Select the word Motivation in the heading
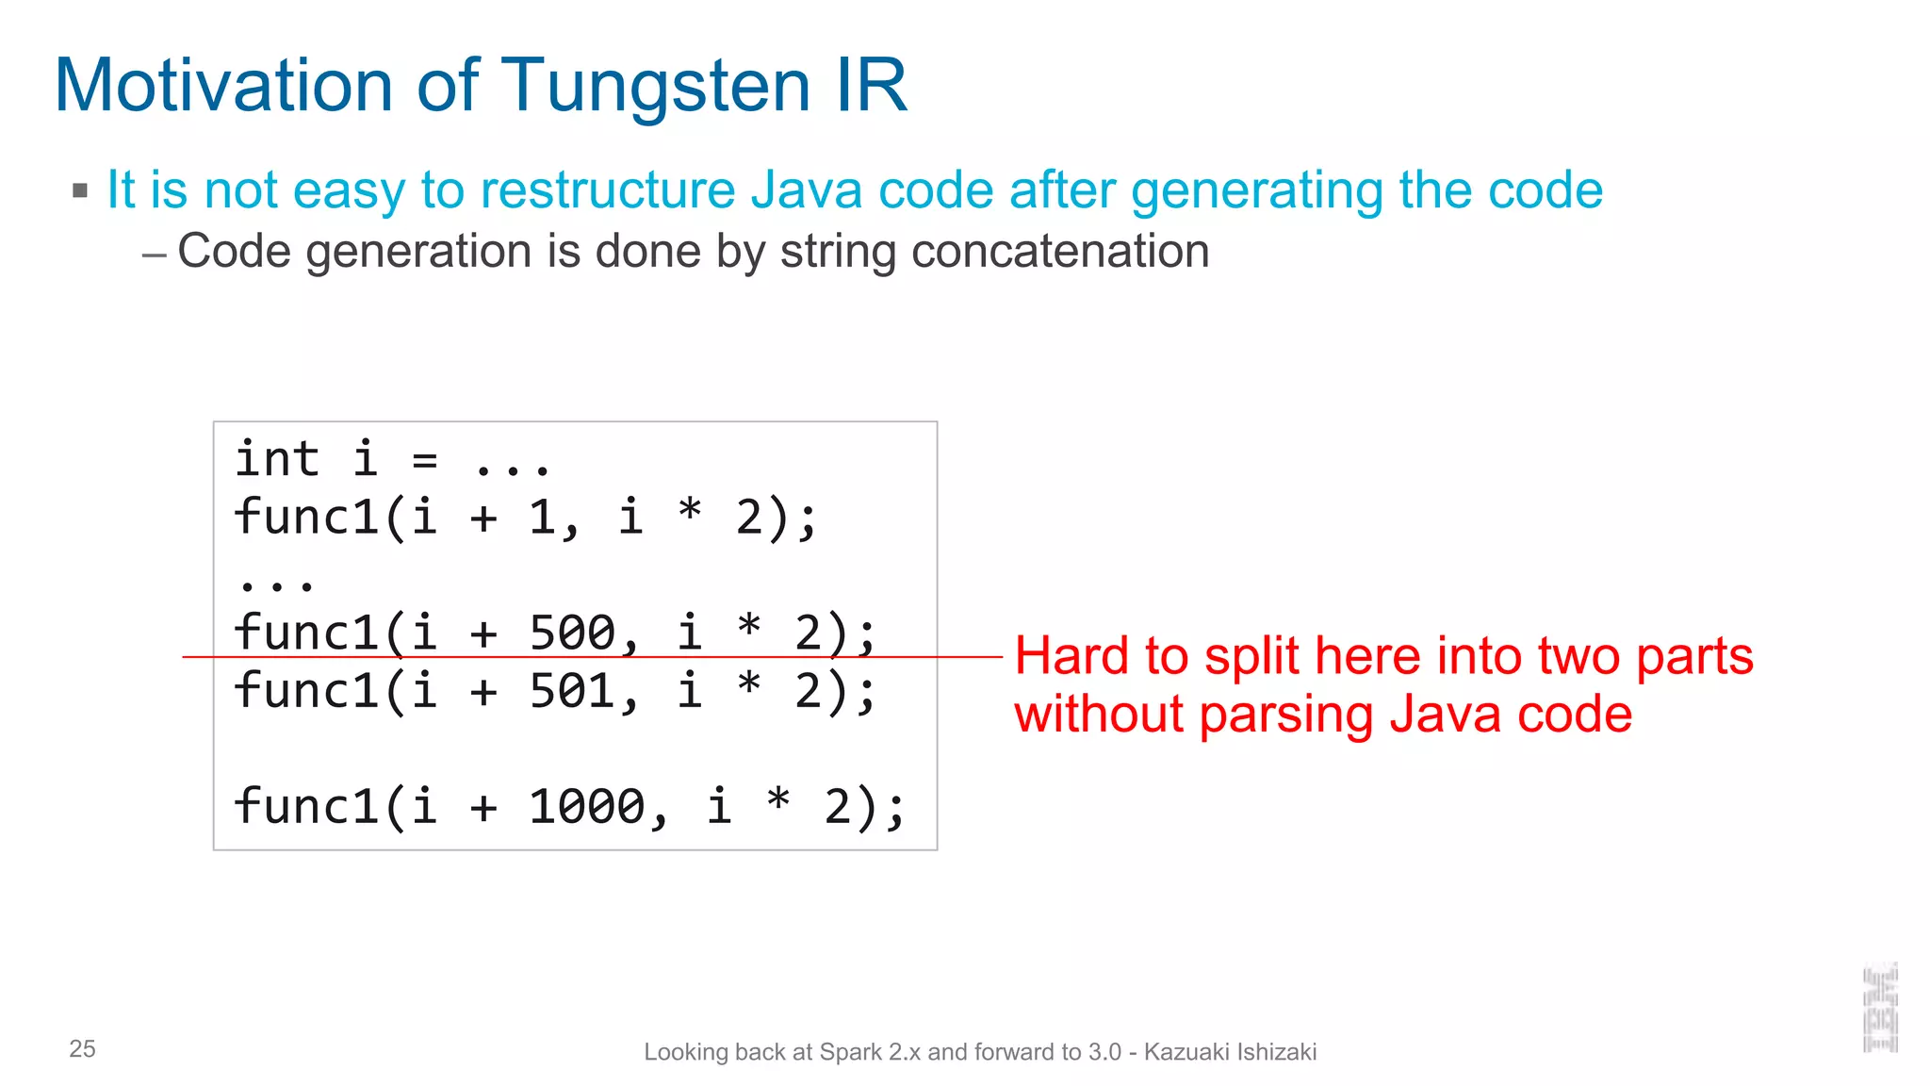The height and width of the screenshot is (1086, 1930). click(x=223, y=85)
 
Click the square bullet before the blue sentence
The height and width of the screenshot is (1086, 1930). click(x=80, y=191)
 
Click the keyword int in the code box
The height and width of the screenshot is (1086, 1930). click(x=277, y=459)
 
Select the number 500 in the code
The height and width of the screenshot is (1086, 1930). click(x=572, y=633)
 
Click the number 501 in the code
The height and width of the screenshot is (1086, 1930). click(x=572, y=691)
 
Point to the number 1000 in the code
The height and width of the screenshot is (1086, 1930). click(x=586, y=807)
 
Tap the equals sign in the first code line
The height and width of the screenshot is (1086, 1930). click(x=424, y=461)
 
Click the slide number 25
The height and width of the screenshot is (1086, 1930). click(x=82, y=1049)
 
